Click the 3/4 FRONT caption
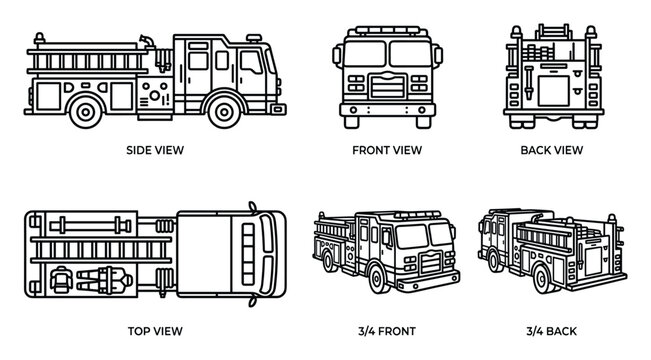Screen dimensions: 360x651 click(x=386, y=329)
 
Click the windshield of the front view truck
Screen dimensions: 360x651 click(x=386, y=56)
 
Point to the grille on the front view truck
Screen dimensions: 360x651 click(x=386, y=84)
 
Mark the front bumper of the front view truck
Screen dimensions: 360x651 click(x=386, y=108)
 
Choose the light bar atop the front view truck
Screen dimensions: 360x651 click(x=386, y=30)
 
